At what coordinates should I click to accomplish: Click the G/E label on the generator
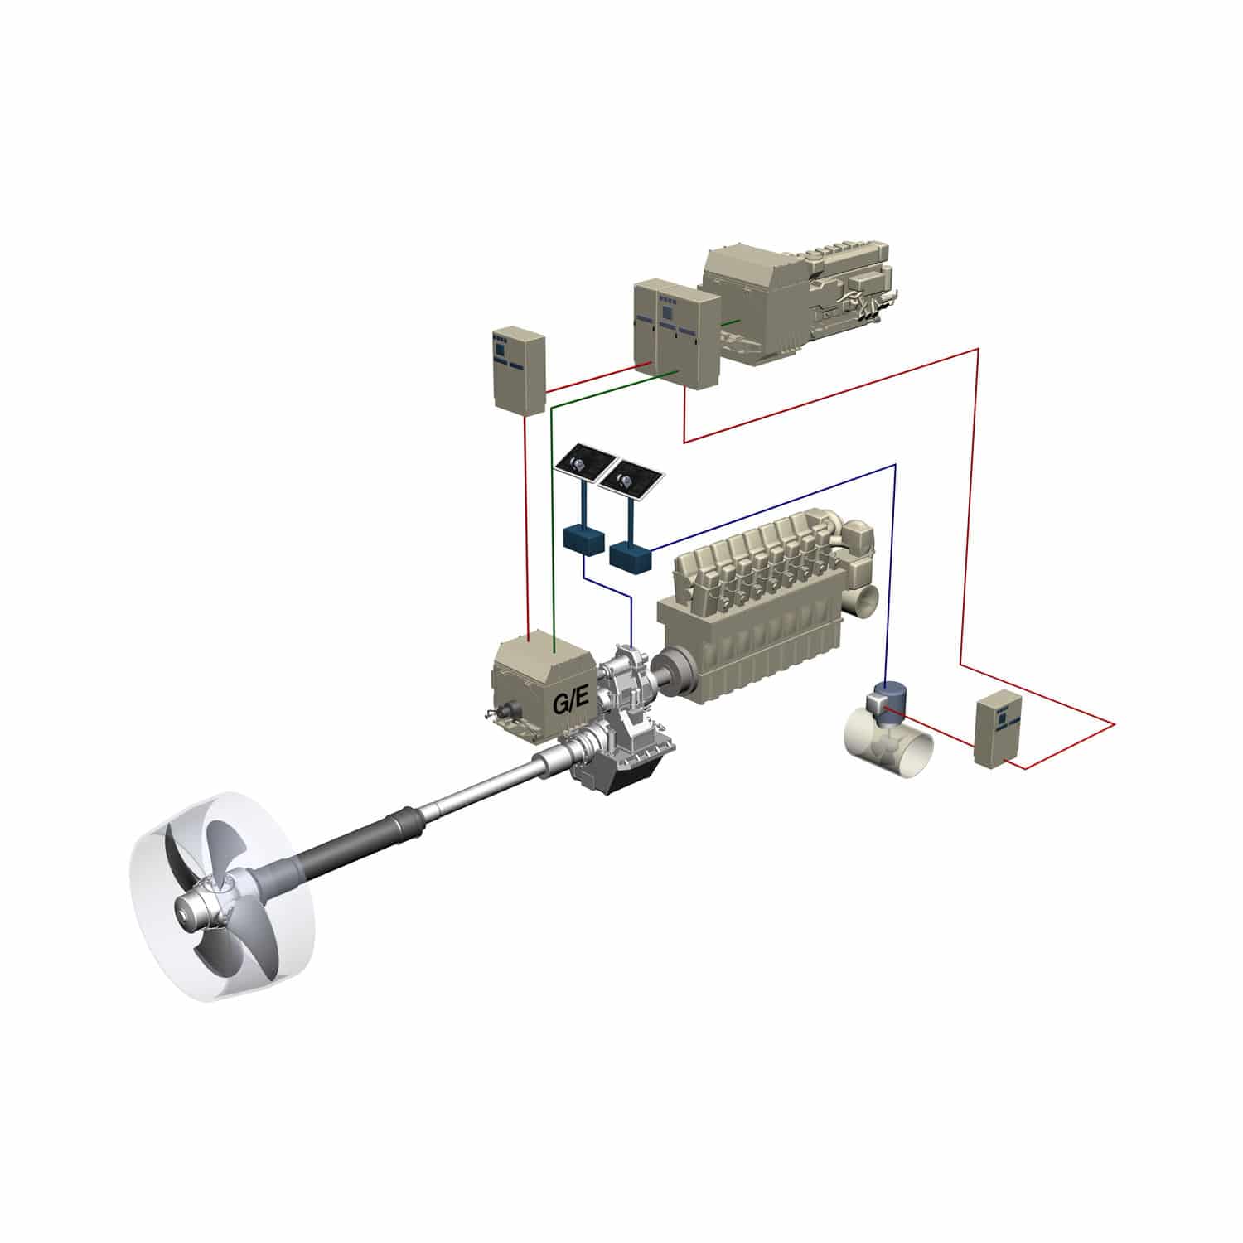click(x=571, y=700)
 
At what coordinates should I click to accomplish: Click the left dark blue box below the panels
click(x=584, y=539)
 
